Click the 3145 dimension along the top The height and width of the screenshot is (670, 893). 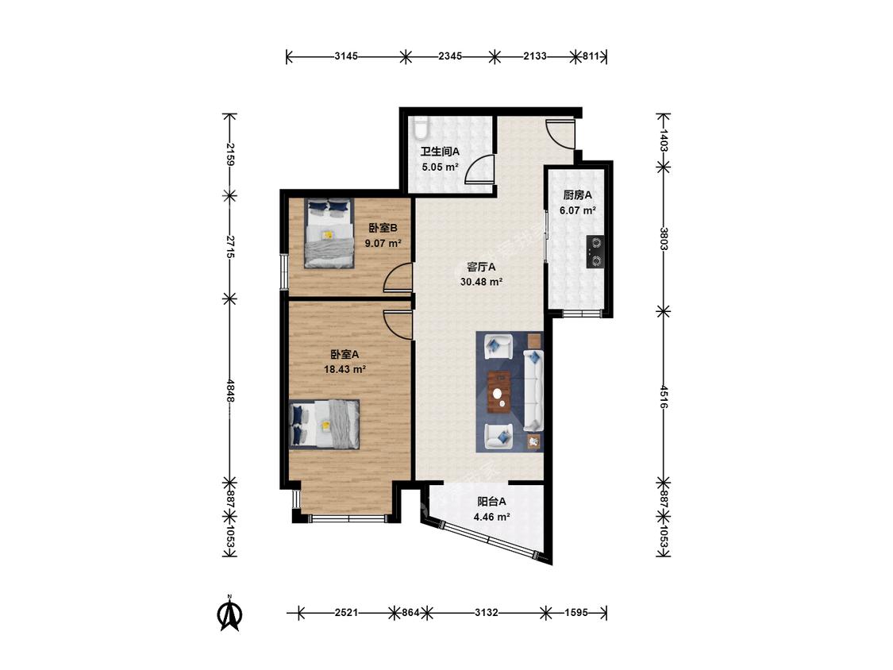(x=346, y=56)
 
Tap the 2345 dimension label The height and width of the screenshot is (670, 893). (x=450, y=56)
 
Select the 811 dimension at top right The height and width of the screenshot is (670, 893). (x=591, y=56)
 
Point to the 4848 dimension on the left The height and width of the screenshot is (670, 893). (x=229, y=391)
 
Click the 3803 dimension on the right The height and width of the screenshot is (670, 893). (x=664, y=239)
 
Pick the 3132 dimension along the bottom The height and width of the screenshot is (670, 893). (x=487, y=613)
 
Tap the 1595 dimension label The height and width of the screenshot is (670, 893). (x=575, y=613)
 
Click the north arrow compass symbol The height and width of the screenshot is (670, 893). (x=230, y=613)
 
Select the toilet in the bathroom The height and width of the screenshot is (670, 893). (x=420, y=129)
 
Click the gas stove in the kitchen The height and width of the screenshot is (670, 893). (x=595, y=252)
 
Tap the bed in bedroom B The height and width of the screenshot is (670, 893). (x=329, y=233)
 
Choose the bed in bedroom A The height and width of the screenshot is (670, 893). (x=325, y=425)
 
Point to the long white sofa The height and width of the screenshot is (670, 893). (x=533, y=391)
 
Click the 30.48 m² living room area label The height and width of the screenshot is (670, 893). (x=481, y=282)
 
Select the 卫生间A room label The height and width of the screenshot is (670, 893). (x=440, y=152)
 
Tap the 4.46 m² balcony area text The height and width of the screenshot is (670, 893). (x=491, y=518)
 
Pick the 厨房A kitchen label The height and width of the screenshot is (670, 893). (x=578, y=194)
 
